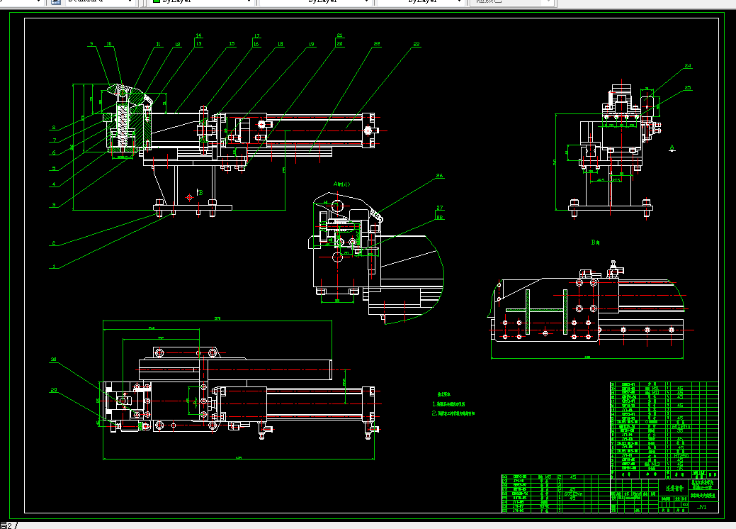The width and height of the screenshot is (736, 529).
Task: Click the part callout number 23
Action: pyautogui.click(x=416, y=45)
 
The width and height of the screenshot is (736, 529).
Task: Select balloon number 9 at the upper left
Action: pyautogui.click(x=91, y=44)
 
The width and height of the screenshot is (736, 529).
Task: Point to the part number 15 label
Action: pyautogui.click(x=232, y=44)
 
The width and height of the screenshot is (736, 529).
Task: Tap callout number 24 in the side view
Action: pyautogui.click(x=687, y=66)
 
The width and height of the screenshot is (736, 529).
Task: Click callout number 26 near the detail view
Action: pyautogui.click(x=439, y=176)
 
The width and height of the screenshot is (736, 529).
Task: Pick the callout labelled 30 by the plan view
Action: pyautogui.click(x=53, y=360)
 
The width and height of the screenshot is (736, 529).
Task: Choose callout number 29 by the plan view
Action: pyautogui.click(x=53, y=390)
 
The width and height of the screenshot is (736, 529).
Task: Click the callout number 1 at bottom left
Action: pyautogui.click(x=52, y=267)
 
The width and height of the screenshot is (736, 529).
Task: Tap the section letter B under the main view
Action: pyautogui.click(x=200, y=192)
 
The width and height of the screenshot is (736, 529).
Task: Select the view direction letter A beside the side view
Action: pyautogui.click(x=672, y=147)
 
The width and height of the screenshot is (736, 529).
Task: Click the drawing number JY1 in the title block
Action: pyautogui.click(x=702, y=507)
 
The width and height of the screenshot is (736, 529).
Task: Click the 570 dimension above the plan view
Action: pyautogui.click(x=218, y=319)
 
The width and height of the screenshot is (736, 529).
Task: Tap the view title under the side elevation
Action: pyautogui.click(x=596, y=242)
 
